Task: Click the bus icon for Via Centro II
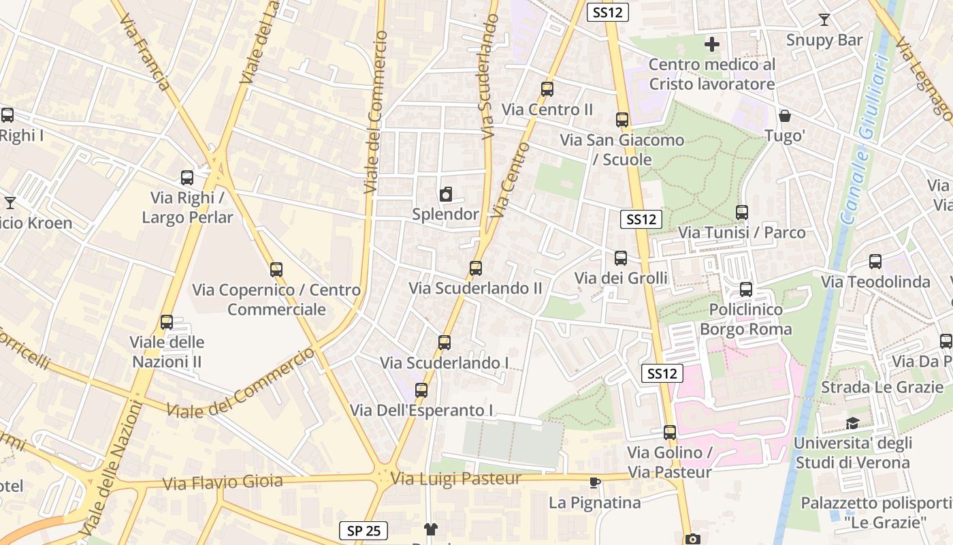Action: (x=547, y=89)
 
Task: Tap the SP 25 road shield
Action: (x=364, y=531)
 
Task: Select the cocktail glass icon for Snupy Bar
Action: (x=824, y=20)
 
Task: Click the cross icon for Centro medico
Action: (x=712, y=45)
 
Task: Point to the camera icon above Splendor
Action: (x=446, y=195)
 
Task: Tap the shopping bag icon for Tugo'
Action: (x=785, y=116)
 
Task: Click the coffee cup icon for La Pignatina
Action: (x=595, y=483)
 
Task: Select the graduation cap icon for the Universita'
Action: (x=852, y=424)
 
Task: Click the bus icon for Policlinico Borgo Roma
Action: (x=746, y=290)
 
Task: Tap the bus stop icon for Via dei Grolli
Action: (x=621, y=258)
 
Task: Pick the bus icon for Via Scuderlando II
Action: (x=476, y=268)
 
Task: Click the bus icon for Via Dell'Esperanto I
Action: (x=421, y=390)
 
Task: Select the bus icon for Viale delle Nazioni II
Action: (x=167, y=322)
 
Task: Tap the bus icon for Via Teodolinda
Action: (x=875, y=262)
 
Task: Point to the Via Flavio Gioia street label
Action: (x=223, y=482)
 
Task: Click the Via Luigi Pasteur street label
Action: (x=456, y=479)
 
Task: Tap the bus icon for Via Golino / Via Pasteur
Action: (x=670, y=433)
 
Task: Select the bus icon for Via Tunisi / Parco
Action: (x=742, y=213)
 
